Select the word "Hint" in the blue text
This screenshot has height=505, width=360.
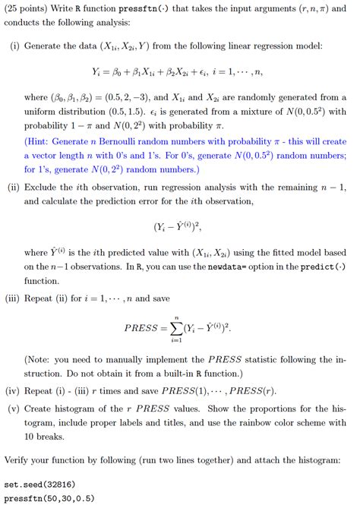[43, 142]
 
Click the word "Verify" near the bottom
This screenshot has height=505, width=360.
[19, 460]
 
